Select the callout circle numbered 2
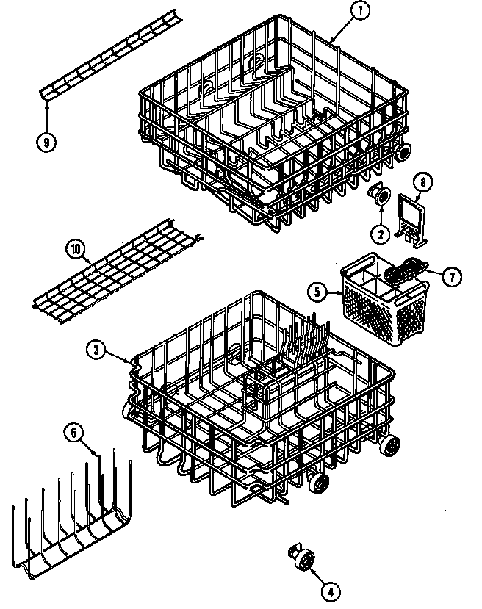[x=380, y=235]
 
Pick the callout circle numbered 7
[x=452, y=277]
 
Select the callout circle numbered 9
[x=46, y=143]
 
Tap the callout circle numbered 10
[x=75, y=248]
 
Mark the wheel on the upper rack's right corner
[x=401, y=152]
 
